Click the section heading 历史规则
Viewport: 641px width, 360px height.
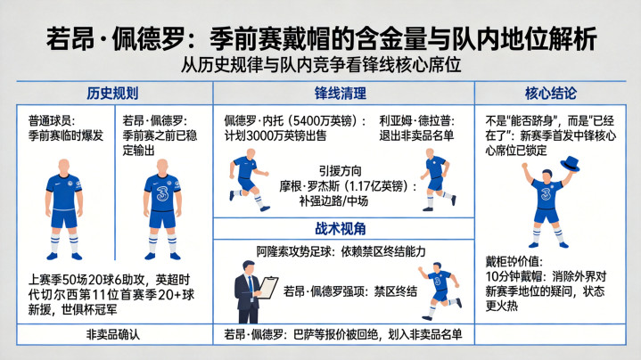click(112, 94)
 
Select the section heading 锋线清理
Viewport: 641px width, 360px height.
click(341, 94)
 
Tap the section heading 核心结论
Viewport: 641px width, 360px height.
click(551, 94)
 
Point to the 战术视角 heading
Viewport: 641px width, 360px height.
click(341, 228)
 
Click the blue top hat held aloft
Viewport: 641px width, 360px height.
click(571, 163)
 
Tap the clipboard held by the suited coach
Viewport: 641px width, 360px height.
click(267, 288)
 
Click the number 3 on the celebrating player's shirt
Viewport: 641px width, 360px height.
click(546, 193)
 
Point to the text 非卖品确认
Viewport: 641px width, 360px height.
click(113, 335)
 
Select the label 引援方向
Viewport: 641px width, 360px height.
click(341, 171)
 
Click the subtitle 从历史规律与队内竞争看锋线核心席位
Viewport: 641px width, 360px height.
click(321, 64)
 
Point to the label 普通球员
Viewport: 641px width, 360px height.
click(49, 120)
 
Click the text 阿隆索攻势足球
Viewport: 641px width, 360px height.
click(294, 251)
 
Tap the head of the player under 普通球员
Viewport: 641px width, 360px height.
click(63, 167)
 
